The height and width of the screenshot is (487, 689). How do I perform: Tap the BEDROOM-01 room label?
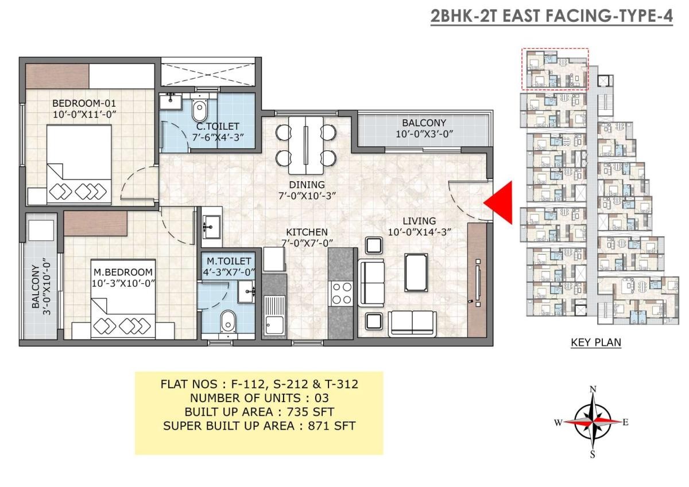click(84, 103)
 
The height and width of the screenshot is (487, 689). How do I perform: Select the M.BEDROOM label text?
click(123, 272)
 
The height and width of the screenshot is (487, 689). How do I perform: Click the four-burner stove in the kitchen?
click(341, 294)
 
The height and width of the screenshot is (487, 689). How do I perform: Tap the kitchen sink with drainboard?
click(274, 315)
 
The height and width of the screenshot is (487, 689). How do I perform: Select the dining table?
click(305, 145)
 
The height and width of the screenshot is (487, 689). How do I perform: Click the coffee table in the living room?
click(416, 272)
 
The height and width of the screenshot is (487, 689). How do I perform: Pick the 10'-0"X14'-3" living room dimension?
click(419, 232)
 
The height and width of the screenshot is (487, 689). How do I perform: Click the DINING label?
click(307, 185)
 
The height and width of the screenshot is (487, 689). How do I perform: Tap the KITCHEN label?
click(307, 232)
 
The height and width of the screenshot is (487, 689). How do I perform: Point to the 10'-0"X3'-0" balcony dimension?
click(424, 134)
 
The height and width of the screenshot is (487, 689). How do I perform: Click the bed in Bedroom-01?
click(79, 165)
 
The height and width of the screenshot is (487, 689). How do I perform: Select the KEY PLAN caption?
click(596, 342)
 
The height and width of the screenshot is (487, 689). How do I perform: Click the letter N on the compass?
click(593, 389)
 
